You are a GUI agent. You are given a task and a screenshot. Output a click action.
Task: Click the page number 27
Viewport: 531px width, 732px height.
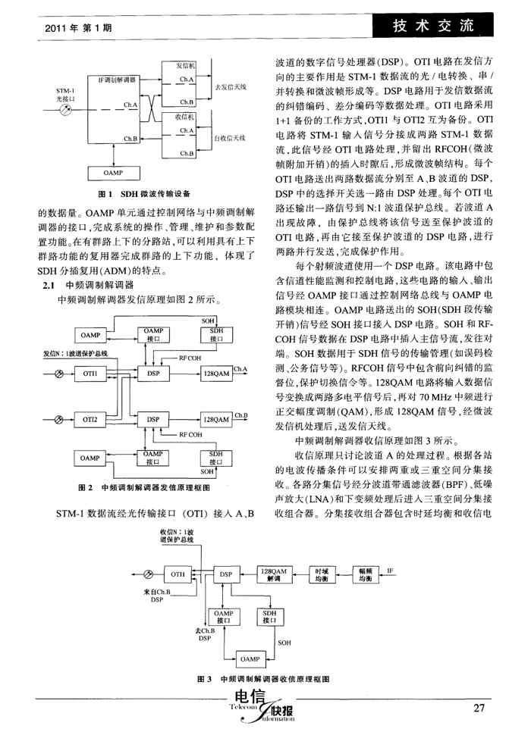click(x=478, y=709)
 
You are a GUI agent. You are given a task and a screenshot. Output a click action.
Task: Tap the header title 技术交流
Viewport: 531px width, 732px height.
click(x=433, y=27)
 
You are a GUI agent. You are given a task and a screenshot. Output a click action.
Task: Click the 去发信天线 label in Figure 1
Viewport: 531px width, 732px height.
click(x=231, y=88)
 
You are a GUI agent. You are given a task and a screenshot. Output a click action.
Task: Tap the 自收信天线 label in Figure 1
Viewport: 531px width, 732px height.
click(x=231, y=139)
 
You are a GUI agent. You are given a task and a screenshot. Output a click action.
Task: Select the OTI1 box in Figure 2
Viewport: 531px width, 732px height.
click(x=91, y=372)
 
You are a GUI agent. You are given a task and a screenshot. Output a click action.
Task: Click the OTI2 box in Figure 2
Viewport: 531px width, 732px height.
click(x=91, y=418)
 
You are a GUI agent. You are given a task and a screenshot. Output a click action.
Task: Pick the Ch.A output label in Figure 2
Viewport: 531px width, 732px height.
click(x=241, y=369)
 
